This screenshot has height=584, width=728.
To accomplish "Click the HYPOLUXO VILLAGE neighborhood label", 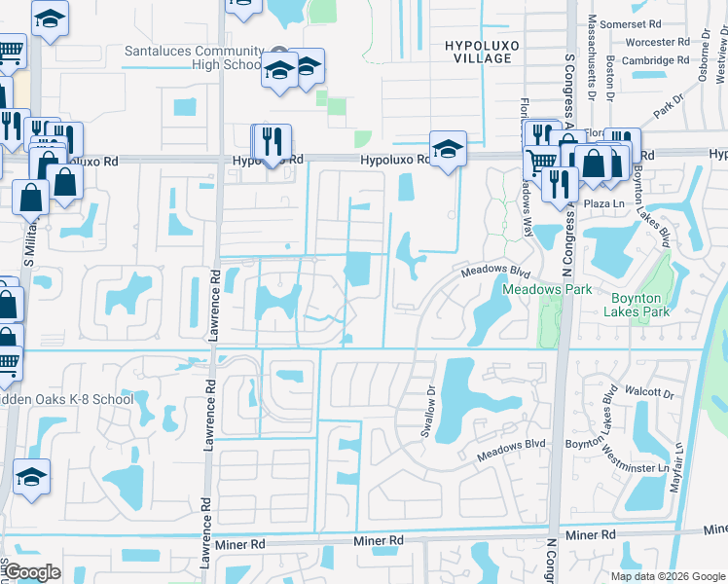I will point(478,52).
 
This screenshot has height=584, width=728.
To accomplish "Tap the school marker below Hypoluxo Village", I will point(448,150).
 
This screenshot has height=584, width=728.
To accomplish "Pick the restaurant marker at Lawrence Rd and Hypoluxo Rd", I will point(273,141).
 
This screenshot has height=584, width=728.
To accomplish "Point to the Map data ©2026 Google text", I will point(667,576).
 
